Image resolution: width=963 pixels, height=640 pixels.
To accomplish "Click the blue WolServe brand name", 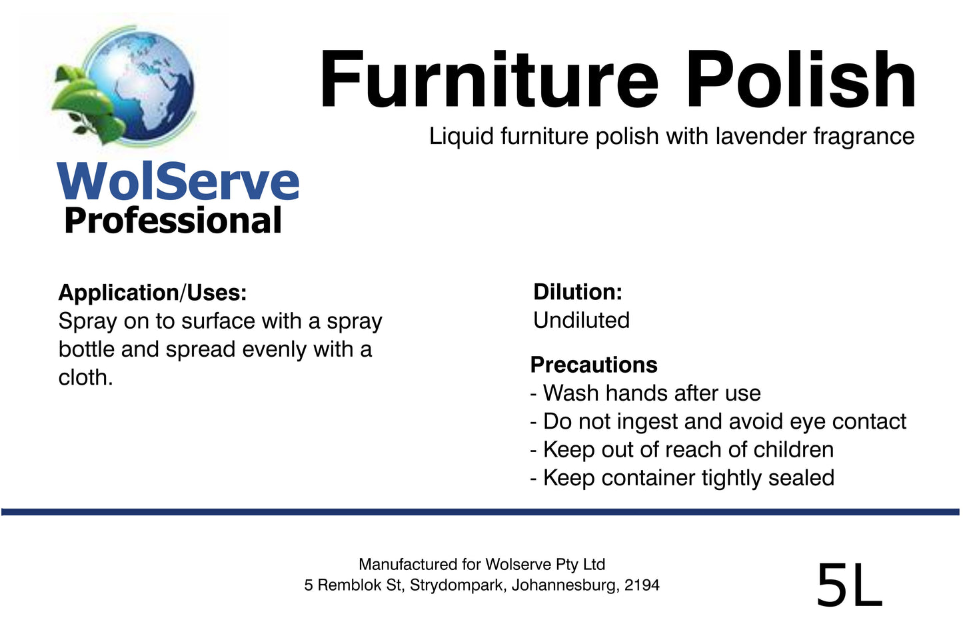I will point(178,181).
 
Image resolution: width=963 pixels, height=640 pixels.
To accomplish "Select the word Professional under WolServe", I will point(173,221).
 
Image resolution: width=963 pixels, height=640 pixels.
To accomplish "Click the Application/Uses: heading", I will point(153,293).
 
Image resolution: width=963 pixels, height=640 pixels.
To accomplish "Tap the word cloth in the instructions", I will point(83,377).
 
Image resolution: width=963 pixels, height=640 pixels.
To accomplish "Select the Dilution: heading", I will point(577,292).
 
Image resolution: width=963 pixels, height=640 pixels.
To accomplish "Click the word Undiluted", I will point(581,321).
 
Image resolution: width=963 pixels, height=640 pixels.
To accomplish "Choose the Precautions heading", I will point(594,365).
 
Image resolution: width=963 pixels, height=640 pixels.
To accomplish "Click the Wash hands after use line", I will point(645,393).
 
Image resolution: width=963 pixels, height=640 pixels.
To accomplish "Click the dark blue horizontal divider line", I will point(480,512).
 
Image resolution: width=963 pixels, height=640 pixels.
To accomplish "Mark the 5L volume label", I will point(849,586).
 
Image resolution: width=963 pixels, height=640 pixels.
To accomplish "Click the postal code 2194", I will point(642,585).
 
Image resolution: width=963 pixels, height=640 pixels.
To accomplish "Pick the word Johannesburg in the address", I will point(564,585).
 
